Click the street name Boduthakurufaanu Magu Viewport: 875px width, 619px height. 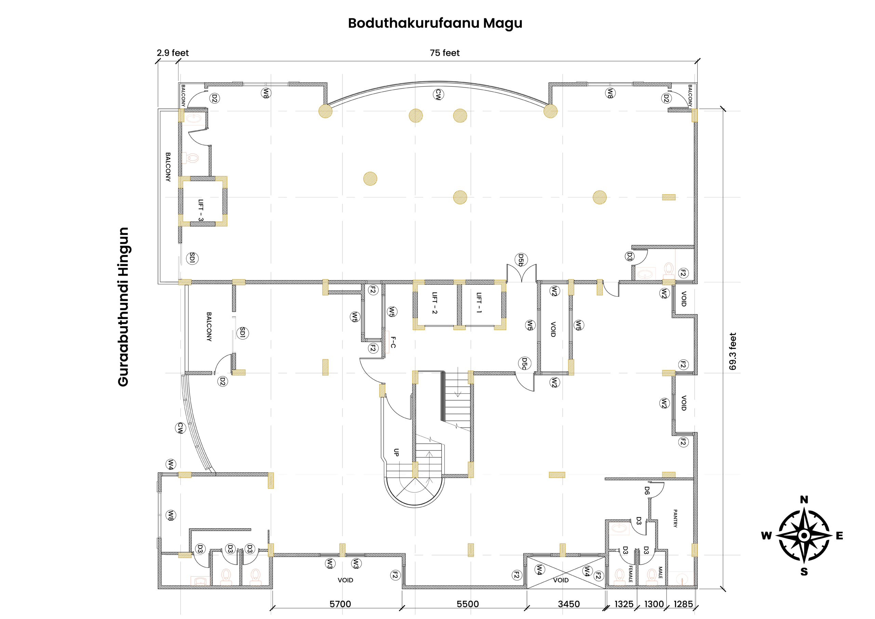pyautogui.click(x=435, y=23)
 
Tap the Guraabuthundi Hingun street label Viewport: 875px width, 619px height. pyautogui.click(x=123, y=307)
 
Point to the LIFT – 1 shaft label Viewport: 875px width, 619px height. pyautogui.click(x=479, y=302)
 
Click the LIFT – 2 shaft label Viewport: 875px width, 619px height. pyautogui.click(x=434, y=302)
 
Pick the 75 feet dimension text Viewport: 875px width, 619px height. pyautogui.click(x=444, y=53)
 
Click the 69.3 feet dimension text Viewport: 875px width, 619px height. pyautogui.click(x=732, y=351)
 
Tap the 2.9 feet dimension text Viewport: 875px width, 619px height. pyautogui.click(x=173, y=53)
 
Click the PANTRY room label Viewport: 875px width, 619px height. pyautogui.click(x=675, y=518)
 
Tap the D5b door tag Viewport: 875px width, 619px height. pyautogui.click(x=521, y=260)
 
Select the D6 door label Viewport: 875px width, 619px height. pyautogui.click(x=647, y=490)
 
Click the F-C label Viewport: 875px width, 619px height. pyautogui.click(x=393, y=342)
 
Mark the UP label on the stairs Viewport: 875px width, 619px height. pyautogui.click(x=396, y=452)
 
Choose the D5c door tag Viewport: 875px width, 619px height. pyautogui.click(x=524, y=364)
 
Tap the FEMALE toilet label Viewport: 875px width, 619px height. pyautogui.click(x=630, y=574)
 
